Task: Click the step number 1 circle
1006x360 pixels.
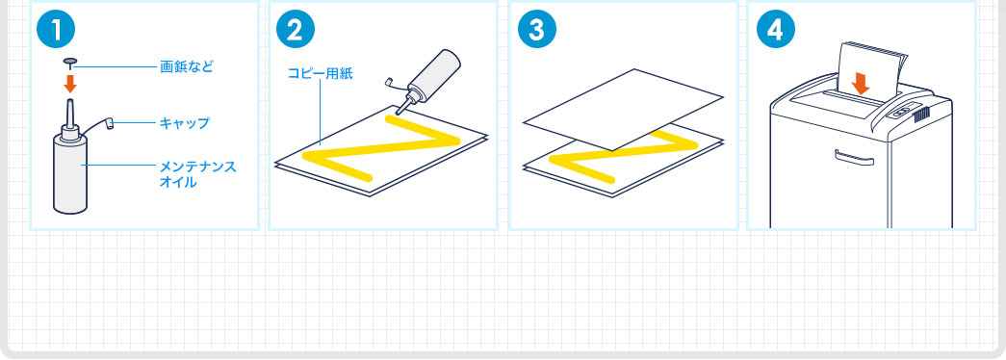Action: point(56,30)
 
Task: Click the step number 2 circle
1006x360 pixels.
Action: point(296,30)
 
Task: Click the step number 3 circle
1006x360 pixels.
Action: point(535,30)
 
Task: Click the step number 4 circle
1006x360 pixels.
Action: point(775,30)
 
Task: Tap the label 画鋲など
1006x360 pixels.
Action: point(186,66)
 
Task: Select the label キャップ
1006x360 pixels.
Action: point(184,123)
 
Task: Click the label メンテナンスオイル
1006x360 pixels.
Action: point(197,174)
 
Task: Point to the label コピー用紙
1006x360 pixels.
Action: point(320,73)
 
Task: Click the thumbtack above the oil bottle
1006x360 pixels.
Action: point(70,63)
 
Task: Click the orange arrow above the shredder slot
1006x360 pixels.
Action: point(861,83)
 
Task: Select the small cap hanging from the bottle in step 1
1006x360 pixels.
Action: point(110,122)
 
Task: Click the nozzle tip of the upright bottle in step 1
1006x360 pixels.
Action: point(70,100)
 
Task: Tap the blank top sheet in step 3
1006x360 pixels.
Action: point(624,109)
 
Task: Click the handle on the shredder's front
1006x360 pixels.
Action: point(854,157)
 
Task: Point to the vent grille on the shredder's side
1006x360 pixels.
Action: point(920,116)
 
